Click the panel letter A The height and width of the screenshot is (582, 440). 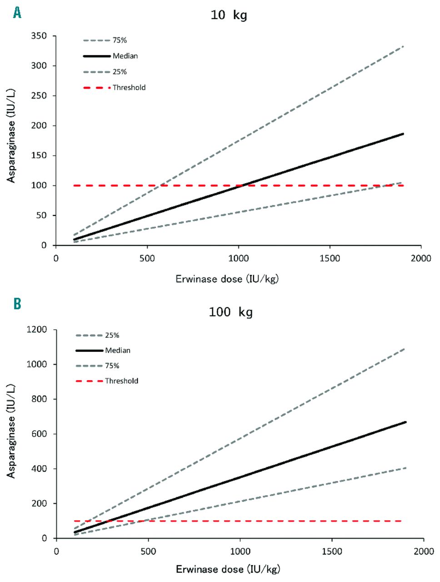[x=17, y=13]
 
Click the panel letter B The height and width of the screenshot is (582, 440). [x=17, y=304]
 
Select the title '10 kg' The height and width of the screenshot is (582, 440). [x=229, y=15]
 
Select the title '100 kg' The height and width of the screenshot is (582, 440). [x=230, y=312]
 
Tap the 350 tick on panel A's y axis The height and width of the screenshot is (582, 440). [x=39, y=36]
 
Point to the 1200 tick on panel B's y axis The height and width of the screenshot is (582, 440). [x=37, y=330]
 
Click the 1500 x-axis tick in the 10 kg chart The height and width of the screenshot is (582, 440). [x=330, y=259]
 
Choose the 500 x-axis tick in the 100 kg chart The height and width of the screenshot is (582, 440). [x=148, y=552]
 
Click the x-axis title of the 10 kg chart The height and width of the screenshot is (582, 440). [x=227, y=279]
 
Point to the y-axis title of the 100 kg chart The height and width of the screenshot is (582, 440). [x=11, y=431]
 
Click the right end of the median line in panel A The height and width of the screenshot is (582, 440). [x=403, y=134]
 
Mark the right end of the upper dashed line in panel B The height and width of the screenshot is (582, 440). [x=405, y=349]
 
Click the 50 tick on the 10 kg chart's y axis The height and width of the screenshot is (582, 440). [x=41, y=216]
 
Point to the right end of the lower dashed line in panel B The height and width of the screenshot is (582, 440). [x=405, y=468]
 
